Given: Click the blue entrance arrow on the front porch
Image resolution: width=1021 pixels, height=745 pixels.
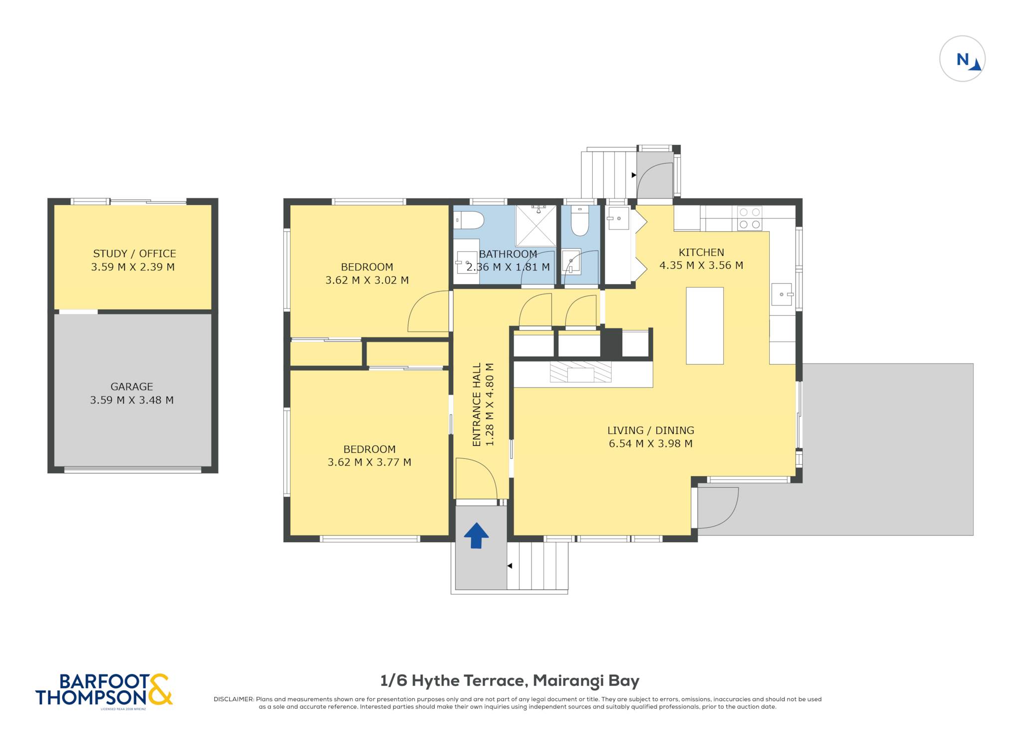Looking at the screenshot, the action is pyautogui.click(x=476, y=536).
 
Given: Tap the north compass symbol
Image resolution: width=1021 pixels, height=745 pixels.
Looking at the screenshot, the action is pyautogui.click(x=962, y=59).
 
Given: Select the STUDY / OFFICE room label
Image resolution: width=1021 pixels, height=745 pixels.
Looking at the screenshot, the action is pyautogui.click(x=135, y=253).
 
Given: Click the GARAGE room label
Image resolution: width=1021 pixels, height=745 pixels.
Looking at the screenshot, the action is pyautogui.click(x=132, y=386).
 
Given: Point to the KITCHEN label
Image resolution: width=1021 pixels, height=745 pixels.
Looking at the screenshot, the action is pyautogui.click(x=701, y=252).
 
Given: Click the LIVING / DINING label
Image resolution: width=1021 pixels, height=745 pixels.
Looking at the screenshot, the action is pyautogui.click(x=651, y=430).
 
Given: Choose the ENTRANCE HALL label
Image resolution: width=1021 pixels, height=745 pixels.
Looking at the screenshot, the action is pyautogui.click(x=477, y=404).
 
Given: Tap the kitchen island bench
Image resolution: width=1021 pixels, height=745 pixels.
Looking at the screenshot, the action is pyautogui.click(x=704, y=326).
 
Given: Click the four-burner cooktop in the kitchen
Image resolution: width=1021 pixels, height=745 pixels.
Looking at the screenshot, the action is pyautogui.click(x=750, y=218).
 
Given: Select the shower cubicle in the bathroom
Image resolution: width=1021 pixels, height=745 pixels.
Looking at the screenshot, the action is pyautogui.click(x=536, y=225).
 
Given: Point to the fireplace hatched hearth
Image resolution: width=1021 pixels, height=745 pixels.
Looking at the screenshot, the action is pyautogui.click(x=581, y=372).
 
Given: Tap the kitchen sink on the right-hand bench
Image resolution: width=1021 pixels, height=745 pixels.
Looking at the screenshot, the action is pyautogui.click(x=782, y=294).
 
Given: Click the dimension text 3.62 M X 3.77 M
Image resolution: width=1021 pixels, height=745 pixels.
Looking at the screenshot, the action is pyautogui.click(x=369, y=462).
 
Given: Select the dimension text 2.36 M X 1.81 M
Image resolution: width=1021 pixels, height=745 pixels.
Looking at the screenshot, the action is pyautogui.click(x=508, y=267).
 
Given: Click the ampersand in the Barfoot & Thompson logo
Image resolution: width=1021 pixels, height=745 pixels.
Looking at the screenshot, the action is pyautogui.click(x=160, y=689).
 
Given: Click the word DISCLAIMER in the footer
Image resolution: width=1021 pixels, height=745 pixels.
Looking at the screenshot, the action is pyautogui.click(x=233, y=699).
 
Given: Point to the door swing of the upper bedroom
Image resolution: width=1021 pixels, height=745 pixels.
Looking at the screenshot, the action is pyautogui.click(x=428, y=311).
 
